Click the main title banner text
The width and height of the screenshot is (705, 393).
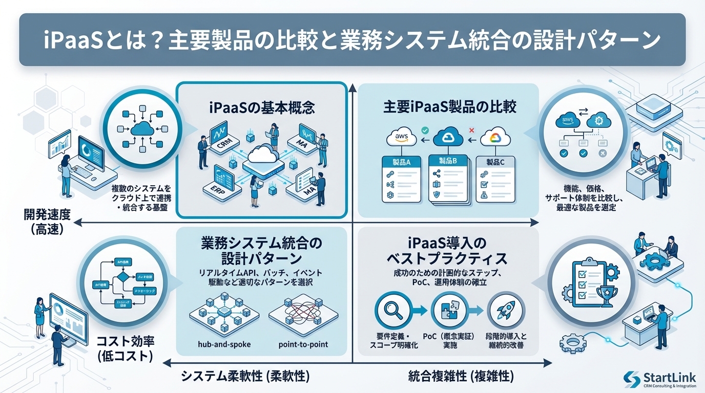(352, 40)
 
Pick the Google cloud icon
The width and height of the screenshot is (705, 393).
(495, 137)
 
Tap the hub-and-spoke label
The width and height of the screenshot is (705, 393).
(224, 344)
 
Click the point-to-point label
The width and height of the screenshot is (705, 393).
(303, 344)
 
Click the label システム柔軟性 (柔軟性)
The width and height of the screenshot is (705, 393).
(245, 377)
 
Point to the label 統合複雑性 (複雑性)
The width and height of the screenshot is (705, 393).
(461, 377)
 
